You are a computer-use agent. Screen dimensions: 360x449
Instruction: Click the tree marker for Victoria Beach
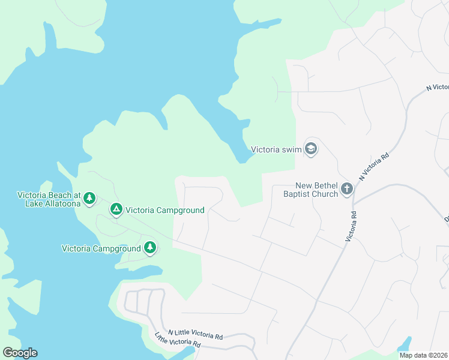tap(89, 197)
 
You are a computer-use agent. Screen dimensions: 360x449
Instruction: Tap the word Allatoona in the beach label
tap(62, 203)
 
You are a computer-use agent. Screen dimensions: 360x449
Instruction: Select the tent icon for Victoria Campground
tap(116, 209)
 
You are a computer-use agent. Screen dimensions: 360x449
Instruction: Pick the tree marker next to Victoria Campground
tap(149, 247)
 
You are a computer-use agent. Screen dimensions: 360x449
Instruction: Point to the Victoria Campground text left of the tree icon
tap(101, 248)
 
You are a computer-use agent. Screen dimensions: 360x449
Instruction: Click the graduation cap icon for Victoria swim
tap(310, 148)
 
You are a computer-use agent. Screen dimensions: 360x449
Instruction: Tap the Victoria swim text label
tap(276, 149)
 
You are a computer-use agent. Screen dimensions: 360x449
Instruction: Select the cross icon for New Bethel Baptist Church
tap(346, 190)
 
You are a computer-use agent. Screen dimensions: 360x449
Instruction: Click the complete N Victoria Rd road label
tap(375, 166)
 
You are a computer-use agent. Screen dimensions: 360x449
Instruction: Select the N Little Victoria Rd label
tap(195, 334)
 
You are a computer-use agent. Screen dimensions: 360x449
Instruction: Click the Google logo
tap(20, 353)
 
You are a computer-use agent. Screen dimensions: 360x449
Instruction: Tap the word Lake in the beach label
tap(34, 203)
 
